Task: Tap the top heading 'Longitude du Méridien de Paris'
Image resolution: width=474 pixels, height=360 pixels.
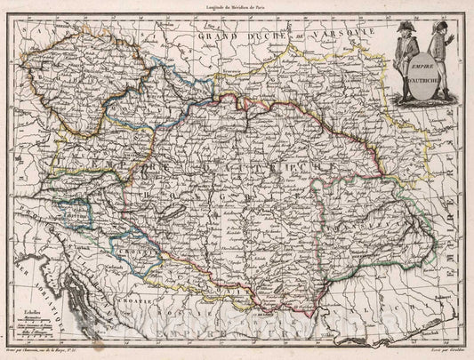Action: pyautogui.click(x=237, y=7)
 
